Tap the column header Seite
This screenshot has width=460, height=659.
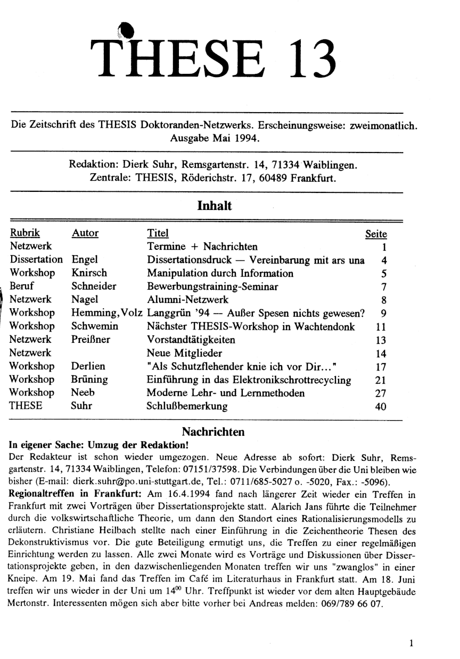coord(375,233)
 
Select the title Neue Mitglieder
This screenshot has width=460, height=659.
coord(185,353)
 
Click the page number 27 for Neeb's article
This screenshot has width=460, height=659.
coord(380,393)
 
